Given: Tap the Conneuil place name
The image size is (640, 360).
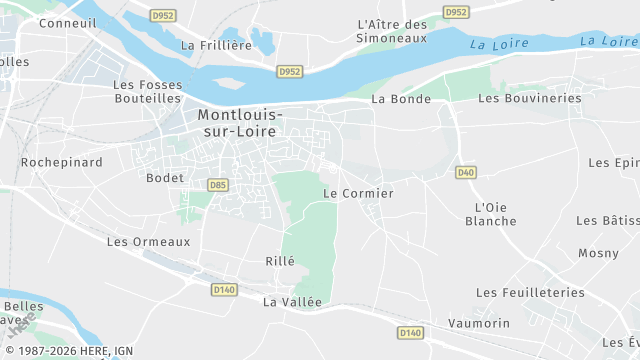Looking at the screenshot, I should (x=67, y=22).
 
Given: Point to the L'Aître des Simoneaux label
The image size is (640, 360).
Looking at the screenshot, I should (x=392, y=30).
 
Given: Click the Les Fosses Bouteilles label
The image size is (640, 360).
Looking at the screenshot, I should (x=147, y=91).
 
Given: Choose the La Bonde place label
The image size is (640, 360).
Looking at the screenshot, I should (x=400, y=99).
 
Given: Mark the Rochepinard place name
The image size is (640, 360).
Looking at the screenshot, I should (x=62, y=161).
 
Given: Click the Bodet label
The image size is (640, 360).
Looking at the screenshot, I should (x=165, y=178).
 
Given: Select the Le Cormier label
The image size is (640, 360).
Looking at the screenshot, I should (x=359, y=193).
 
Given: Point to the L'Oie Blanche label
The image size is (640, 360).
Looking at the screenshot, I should (x=491, y=214).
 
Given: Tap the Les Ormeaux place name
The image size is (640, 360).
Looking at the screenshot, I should (x=148, y=241).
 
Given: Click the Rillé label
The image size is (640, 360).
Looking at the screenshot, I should (x=281, y=261).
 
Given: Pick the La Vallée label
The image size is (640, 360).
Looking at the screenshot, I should (x=293, y=301).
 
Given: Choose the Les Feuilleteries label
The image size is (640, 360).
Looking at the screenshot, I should (x=530, y=292).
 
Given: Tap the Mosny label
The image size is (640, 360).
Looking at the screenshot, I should (x=599, y=253).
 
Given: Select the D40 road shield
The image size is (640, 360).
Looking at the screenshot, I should (x=465, y=172).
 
